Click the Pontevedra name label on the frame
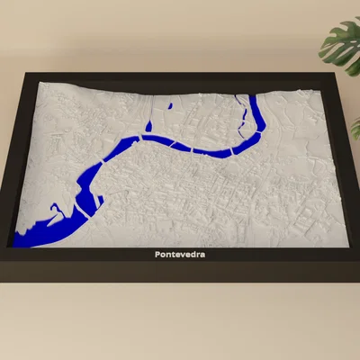tap(180, 255)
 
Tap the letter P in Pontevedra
tap(157, 255)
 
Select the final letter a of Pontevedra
tap(202, 255)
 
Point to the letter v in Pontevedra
tap(182, 255)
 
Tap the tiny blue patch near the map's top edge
tap(170, 108)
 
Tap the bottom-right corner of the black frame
tap(357, 274)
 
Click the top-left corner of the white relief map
tap(43, 83)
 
